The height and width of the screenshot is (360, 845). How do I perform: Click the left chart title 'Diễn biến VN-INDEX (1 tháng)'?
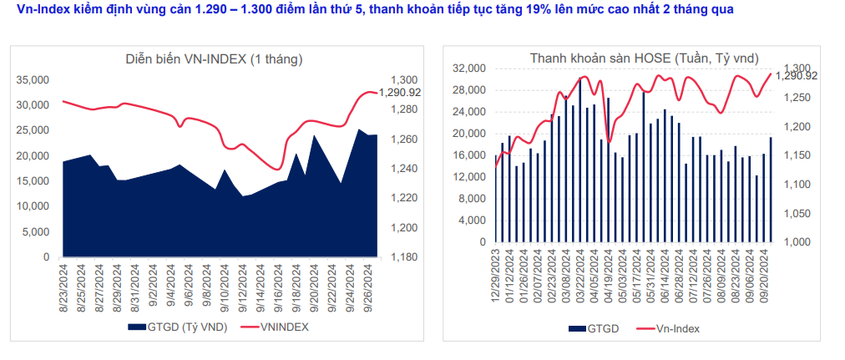[x=214, y=59]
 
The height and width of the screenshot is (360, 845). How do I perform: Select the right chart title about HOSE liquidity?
[x=644, y=58]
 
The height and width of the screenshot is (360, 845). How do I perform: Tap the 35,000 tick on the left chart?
[x=33, y=79]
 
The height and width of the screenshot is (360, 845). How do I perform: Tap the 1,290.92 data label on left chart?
[x=400, y=93]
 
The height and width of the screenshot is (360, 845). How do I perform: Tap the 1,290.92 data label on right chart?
[x=797, y=76]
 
